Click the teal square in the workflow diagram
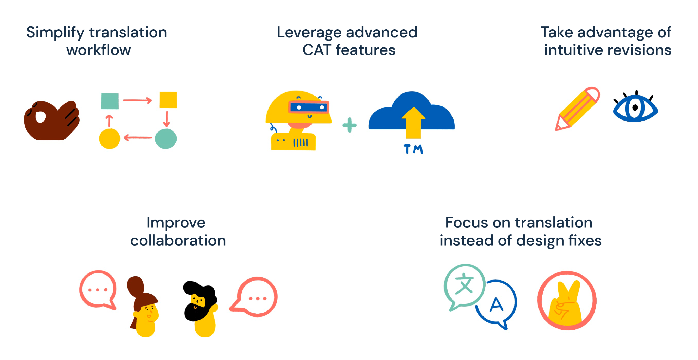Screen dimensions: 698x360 pyautogui.click(x=110, y=101)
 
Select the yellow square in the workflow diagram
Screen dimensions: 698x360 pyautogui.click(x=168, y=100)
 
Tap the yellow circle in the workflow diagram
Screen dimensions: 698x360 pyautogui.click(x=110, y=138)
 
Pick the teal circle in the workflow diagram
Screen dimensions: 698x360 pyautogui.click(x=166, y=138)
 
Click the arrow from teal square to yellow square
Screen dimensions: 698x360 pyautogui.click(x=137, y=100)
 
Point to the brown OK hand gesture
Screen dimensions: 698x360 pyautogui.click(x=52, y=120)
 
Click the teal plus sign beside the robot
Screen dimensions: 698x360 pyautogui.click(x=349, y=125)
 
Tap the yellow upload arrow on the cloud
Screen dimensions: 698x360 pyautogui.click(x=413, y=123)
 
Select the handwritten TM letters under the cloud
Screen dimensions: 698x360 pyautogui.click(x=413, y=149)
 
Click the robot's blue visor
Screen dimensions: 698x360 pyautogui.click(x=309, y=107)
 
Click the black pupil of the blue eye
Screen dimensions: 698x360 pyautogui.click(x=635, y=108)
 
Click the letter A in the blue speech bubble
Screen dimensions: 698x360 pyautogui.click(x=496, y=304)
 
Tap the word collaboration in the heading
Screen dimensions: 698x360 pyautogui.click(x=178, y=240)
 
